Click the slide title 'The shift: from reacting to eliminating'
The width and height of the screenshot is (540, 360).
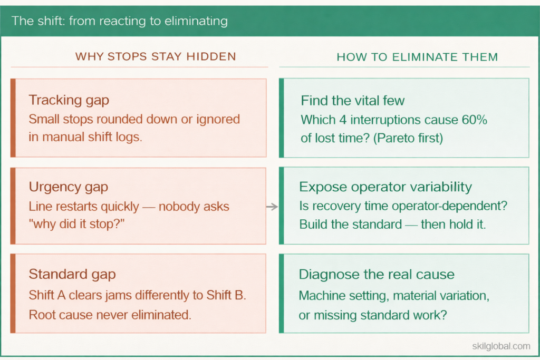[120, 22]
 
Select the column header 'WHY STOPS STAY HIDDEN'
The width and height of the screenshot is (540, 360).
[156, 56]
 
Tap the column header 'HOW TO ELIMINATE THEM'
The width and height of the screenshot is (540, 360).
[417, 57]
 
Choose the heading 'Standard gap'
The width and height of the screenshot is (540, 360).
[72, 274]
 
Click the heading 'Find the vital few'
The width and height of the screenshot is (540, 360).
[353, 101]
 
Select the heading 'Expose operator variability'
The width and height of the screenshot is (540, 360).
[385, 187]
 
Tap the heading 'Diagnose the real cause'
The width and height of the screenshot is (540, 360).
[377, 274]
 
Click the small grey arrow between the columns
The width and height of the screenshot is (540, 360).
[272, 207]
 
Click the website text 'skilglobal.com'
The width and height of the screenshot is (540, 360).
[501, 346]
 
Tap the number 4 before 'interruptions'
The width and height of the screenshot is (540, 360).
[344, 120]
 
